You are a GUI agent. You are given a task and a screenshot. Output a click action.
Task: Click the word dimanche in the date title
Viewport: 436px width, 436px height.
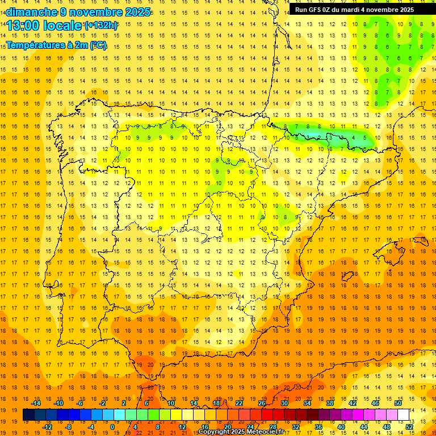coord(31,12)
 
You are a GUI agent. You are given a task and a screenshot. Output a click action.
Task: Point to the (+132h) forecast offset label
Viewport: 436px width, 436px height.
coord(101,26)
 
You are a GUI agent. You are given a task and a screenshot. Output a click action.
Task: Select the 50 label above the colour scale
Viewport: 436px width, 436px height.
coord(398,403)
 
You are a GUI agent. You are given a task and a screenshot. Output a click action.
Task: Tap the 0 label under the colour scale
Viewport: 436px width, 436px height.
coord(112,427)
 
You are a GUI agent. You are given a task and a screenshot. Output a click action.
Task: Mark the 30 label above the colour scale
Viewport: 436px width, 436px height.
coord(284,403)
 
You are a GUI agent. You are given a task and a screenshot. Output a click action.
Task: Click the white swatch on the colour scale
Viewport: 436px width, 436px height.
coord(403,415)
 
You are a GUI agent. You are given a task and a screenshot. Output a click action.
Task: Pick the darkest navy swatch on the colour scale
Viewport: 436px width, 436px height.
coord(28,415)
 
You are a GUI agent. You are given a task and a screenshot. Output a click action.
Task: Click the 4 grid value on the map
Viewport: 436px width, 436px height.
coord(354,137)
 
